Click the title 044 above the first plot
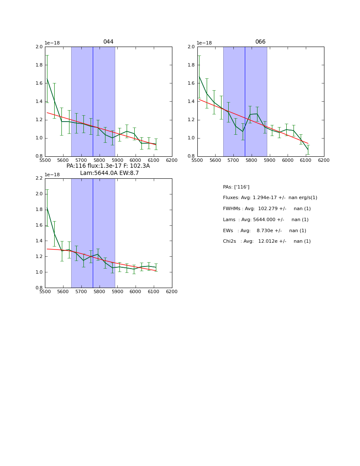(108, 42)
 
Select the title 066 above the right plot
(260, 42)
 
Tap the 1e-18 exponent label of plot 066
(205, 43)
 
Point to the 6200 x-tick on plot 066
(324, 161)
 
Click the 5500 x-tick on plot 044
(45, 161)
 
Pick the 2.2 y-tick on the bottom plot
(39, 178)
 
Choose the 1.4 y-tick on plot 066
(191, 102)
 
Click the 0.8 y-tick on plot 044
(39, 156)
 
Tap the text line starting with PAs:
(236, 187)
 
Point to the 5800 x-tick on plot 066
(251, 161)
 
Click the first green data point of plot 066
(199, 77)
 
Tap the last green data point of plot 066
(308, 150)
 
